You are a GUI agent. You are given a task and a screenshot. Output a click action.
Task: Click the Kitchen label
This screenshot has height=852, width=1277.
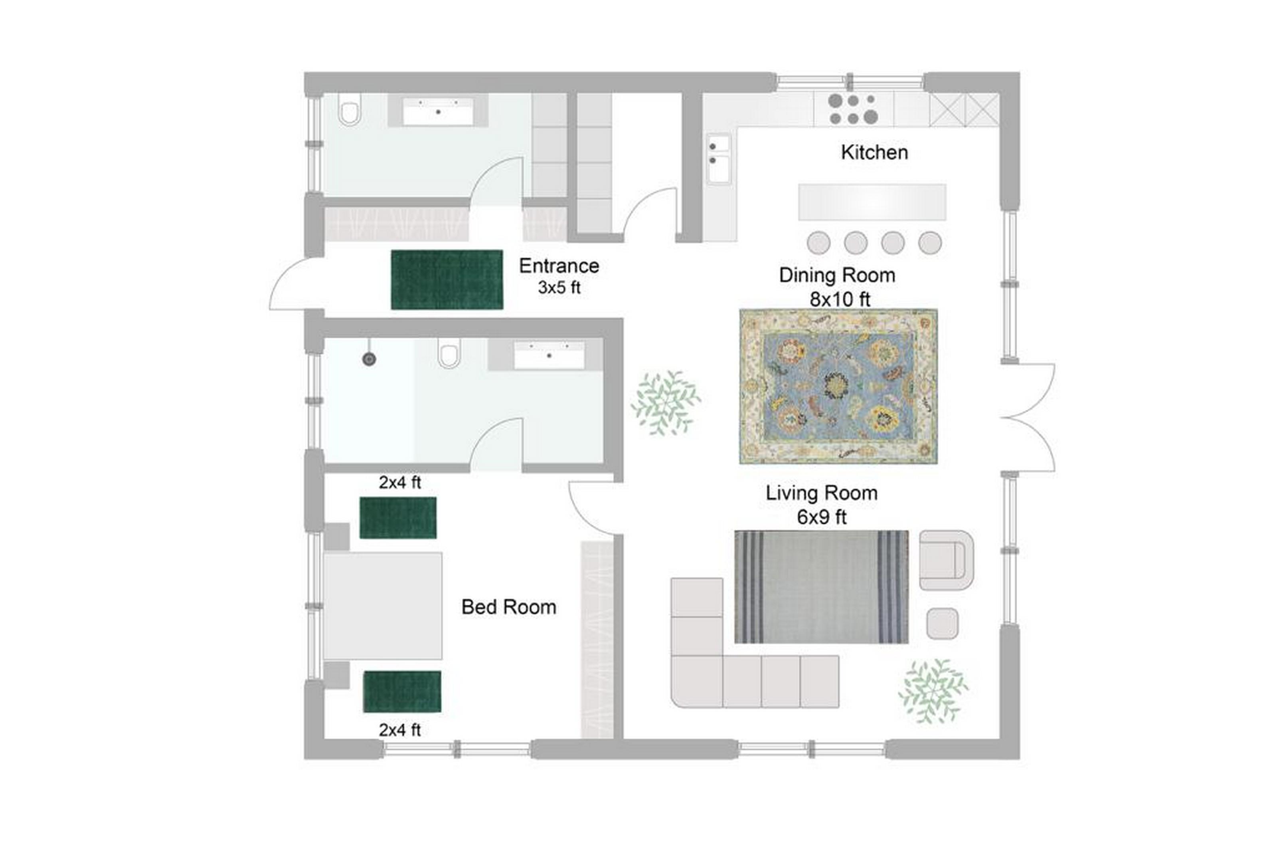(x=874, y=153)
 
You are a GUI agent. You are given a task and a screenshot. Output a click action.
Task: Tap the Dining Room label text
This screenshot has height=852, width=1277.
(x=837, y=275)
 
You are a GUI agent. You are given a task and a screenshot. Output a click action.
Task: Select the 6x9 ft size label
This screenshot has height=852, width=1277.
(x=822, y=517)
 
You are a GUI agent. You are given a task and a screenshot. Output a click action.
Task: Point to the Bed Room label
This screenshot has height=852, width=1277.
(x=509, y=607)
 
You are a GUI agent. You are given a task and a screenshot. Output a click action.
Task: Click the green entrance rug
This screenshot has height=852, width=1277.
(x=447, y=279)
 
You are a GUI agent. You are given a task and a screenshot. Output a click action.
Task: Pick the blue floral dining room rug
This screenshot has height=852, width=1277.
(x=838, y=386)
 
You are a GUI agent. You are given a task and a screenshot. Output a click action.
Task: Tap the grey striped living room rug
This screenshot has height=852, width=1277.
(x=822, y=587)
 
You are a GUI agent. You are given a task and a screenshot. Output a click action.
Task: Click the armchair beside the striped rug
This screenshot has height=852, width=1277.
(x=946, y=560)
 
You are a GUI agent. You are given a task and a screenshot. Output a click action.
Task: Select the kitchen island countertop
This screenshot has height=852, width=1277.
(x=872, y=202)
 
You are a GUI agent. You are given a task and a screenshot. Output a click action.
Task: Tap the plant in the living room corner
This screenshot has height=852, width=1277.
(x=933, y=691)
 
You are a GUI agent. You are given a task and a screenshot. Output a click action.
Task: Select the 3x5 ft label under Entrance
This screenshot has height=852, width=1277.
(x=559, y=287)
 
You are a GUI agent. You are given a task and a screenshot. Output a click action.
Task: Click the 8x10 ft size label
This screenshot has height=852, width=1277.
(x=840, y=299)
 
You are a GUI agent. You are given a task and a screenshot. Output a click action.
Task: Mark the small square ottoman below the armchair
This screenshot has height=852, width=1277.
(x=942, y=623)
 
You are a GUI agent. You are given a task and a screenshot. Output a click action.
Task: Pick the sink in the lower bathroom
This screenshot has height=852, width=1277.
(x=549, y=356)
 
